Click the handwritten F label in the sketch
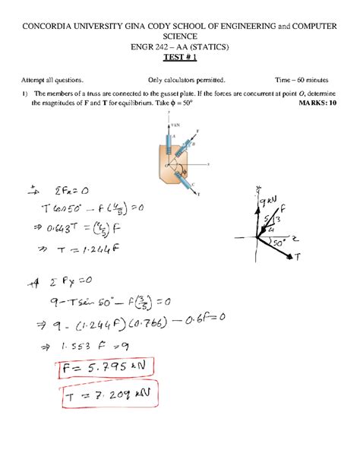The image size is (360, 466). (283, 208)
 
